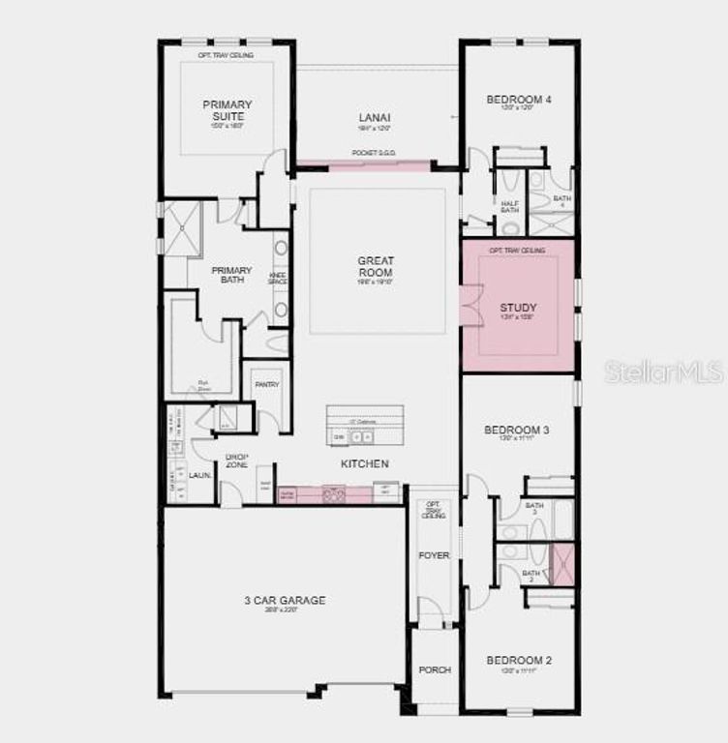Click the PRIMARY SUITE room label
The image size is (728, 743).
[x=227, y=110]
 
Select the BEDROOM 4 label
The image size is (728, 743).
[x=519, y=100]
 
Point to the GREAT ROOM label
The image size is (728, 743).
[x=375, y=266]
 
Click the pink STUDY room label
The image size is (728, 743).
[x=519, y=309]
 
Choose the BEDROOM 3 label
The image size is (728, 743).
[x=519, y=430]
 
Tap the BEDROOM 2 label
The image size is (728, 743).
[x=519, y=661]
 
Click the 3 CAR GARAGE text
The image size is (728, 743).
[x=285, y=601]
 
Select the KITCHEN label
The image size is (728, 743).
[x=365, y=464]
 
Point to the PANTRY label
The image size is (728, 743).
[x=267, y=384]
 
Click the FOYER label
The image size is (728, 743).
[x=435, y=555]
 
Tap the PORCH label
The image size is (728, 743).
[x=435, y=670]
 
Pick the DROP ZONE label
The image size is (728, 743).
[x=237, y=461]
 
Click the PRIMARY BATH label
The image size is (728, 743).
[x=232, y=276]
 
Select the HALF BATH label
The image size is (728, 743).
[x=510, y=206]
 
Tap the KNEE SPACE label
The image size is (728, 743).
[x=277, y=279]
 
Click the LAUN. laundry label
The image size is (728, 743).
[x=200, y=476]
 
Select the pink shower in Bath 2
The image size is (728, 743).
[x=562, y=565]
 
